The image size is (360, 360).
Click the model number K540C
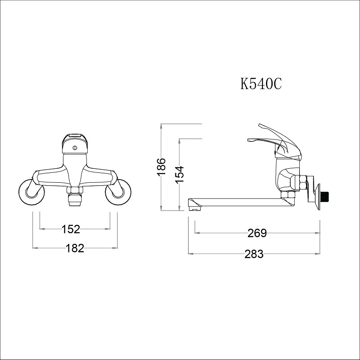(261, 84)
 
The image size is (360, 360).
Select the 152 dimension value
(71, 229)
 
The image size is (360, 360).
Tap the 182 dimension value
(75, 248)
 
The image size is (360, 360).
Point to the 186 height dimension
(162, 166)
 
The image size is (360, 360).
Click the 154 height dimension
(180, 175)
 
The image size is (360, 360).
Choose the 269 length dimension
(257, 233)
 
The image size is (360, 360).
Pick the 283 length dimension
(254, 254)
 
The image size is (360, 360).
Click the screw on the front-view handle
(74, 148)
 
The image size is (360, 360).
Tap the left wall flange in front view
(31, 192)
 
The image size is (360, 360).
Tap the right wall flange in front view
(118, 192)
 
